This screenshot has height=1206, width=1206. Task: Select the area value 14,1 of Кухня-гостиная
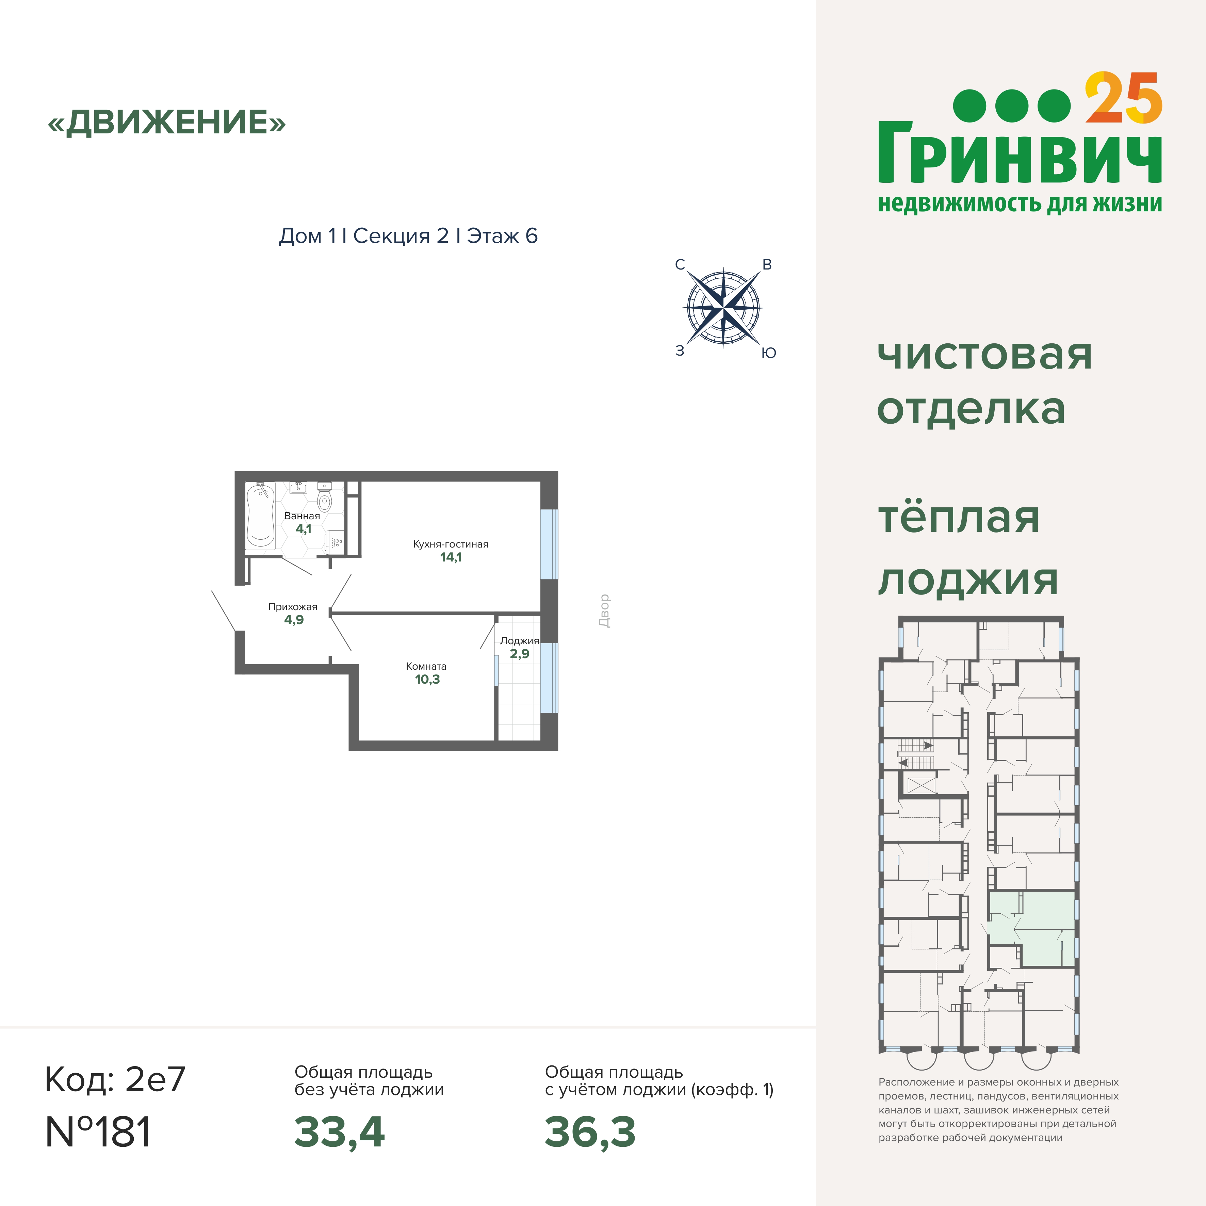451,557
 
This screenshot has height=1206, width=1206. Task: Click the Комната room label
426,666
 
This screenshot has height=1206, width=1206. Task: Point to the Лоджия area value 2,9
519,654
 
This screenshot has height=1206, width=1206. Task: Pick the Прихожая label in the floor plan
293,607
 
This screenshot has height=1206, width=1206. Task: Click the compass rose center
723,308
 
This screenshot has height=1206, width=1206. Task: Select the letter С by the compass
680,265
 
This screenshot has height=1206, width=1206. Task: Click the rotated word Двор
604,610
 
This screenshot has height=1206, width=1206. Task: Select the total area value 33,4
340,1132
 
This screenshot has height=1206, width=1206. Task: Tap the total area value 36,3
590,1132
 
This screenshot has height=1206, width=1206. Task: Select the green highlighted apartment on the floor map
1031,929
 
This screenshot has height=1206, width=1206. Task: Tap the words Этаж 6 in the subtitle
502,236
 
